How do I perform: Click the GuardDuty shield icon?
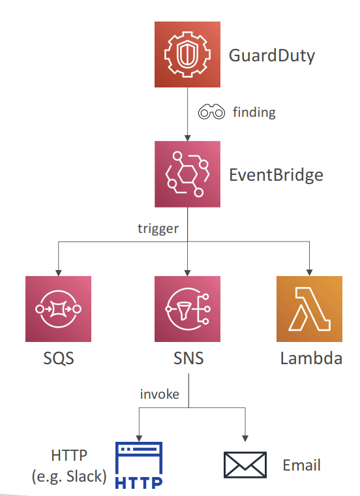[x=187, y=54]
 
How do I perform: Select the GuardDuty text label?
[x=272, y=56]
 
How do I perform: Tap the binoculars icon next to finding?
[x=211, y=112]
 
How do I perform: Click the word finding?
[x=254, y=112]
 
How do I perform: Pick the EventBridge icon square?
[x=187, y=174]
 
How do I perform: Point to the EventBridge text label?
[x=276, y=176]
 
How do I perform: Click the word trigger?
[x=158, y=228]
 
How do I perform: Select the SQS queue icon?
[x=59, y=309]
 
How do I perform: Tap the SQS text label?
[x=59, y=358]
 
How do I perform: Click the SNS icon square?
[x=187, y=309]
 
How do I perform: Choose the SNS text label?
[x=188, y=358]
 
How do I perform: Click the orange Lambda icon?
[x=309, y=309]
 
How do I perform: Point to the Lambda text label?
[x=311, y=358]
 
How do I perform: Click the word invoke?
[x=160, y=394]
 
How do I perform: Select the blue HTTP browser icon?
[x=139, y=465]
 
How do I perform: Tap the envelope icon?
[x=245, y=465]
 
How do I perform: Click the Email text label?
[x=301, y=465]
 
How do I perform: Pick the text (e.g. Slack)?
[x=69, y=476]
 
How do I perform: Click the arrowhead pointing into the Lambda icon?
[x=309, y=273]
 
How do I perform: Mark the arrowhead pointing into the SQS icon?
[x=59, y=273]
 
